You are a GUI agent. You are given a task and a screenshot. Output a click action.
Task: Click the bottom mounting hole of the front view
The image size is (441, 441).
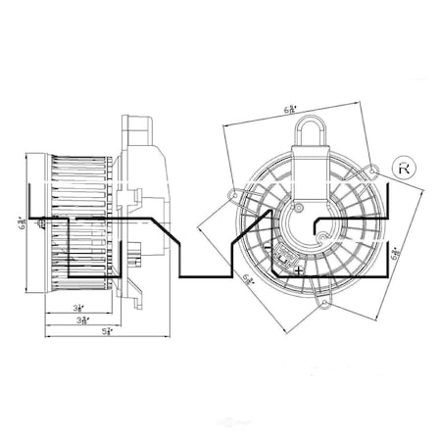324,305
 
